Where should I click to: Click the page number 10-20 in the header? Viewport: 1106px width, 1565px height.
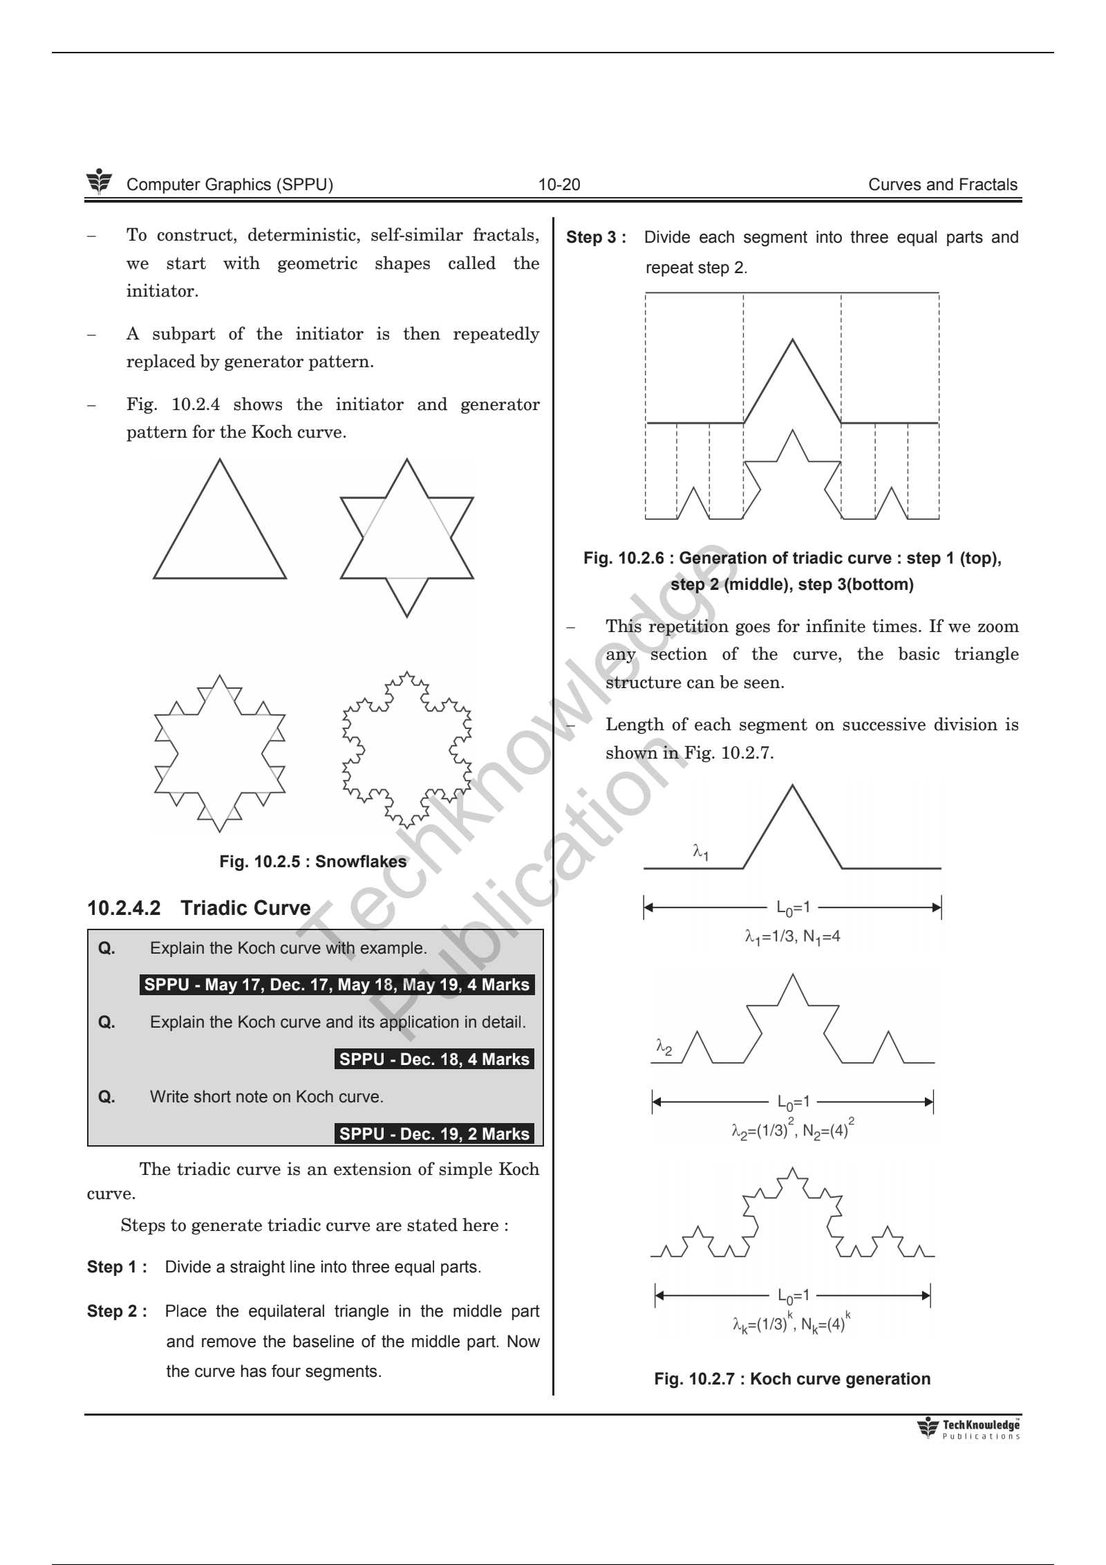(559, 185)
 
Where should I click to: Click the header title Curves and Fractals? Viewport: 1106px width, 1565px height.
(942, 185)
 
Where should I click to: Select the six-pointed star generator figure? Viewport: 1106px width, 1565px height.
(406, 537)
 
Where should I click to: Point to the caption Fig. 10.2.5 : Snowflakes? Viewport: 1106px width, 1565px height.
(312, 862)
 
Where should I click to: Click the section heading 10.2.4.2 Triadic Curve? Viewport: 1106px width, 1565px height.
(199, 908)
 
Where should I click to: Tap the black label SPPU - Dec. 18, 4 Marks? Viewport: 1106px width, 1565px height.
(434, 1059)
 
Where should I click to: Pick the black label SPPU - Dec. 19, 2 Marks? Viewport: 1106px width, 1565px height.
(434, 1133)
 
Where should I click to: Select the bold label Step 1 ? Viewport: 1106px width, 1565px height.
(117, 1267)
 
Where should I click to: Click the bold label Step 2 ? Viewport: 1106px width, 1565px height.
(117, 1311)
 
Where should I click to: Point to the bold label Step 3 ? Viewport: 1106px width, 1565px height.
(596, 238)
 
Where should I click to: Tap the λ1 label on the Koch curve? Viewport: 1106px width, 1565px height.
(700, 852)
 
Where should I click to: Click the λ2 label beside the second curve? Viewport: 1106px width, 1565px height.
(664, 1049)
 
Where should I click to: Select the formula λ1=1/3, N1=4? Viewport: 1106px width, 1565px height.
(792, 938)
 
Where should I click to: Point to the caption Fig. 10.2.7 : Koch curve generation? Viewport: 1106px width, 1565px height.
(792, 1379)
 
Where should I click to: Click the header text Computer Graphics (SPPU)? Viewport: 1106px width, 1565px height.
(230, 185)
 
